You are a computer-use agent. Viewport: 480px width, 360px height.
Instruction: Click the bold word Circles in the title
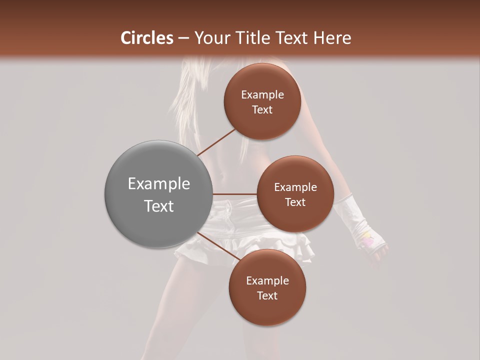point(147,38)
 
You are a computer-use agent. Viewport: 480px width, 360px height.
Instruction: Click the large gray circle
point(158,194)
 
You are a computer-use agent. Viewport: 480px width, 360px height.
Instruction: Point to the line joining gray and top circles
point(216,142)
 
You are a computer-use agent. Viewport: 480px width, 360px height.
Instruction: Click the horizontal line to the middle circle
point(235,194)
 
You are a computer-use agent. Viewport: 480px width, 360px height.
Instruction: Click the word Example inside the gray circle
point(158,184)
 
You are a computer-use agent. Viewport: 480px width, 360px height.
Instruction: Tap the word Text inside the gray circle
point(158,206)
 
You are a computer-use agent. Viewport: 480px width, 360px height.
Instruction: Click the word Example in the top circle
point(262,95)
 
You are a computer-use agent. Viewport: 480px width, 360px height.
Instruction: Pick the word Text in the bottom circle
point(267,296)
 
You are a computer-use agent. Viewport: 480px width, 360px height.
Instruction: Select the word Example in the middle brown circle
point(295,187)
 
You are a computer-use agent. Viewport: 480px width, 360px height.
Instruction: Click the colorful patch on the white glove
point(367,240)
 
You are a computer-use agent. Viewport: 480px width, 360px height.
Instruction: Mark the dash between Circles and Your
point(183,38)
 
